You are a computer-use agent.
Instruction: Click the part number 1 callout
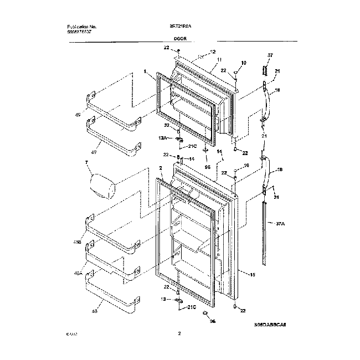point(145,71)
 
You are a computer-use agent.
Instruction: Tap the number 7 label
point(86,163)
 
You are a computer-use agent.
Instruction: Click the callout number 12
point(212,52)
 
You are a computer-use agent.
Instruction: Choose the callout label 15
point(252,274)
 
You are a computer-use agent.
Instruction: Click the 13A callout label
point(162,137)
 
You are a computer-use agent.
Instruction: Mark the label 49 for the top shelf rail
point(78,116)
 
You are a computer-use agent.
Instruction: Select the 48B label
point(77,242)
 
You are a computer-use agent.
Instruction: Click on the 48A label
point(78,273)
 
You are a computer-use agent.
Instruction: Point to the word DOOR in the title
point(179,40)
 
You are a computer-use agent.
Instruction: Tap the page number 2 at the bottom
point(179,333)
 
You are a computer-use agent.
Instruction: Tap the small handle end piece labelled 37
point(265,71)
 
